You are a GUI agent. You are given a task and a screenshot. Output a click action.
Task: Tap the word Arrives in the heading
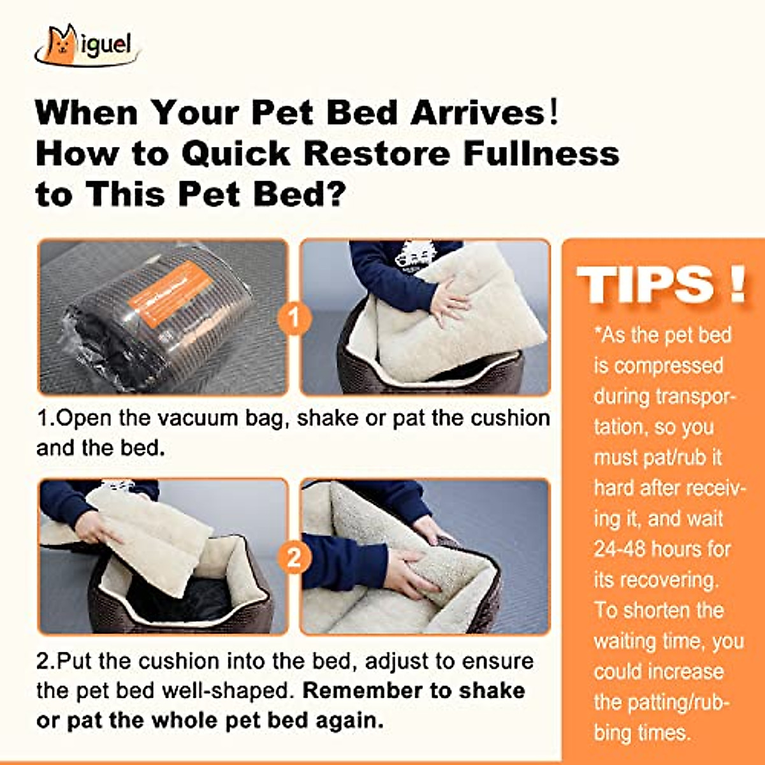(478, 113)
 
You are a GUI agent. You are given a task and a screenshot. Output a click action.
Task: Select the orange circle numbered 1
(294, 317)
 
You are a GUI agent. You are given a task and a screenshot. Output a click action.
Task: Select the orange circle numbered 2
(294, 557)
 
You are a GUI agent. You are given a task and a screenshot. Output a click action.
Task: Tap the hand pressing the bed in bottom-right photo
(408, 571)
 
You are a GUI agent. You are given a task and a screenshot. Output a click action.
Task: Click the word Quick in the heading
(236, 154)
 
